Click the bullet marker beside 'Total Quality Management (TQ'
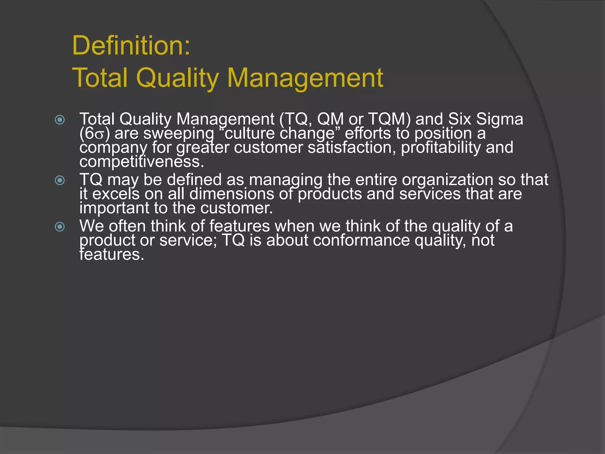tap(60, 120)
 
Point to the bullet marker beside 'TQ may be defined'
tap(60, 180)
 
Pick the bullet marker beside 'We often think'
tap(60, 227)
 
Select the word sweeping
tap(179, 134)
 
